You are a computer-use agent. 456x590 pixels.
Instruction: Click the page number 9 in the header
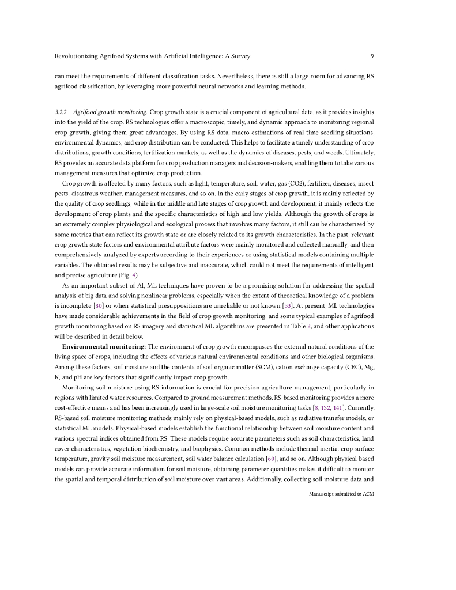coord(372,56)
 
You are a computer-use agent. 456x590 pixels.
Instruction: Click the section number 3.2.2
coord(62,112)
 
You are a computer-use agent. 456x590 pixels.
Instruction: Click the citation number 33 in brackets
coord(294,305)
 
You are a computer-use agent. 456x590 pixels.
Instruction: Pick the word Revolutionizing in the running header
coord(74,56)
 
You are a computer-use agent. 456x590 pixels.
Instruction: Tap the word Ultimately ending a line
coord(359,153)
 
